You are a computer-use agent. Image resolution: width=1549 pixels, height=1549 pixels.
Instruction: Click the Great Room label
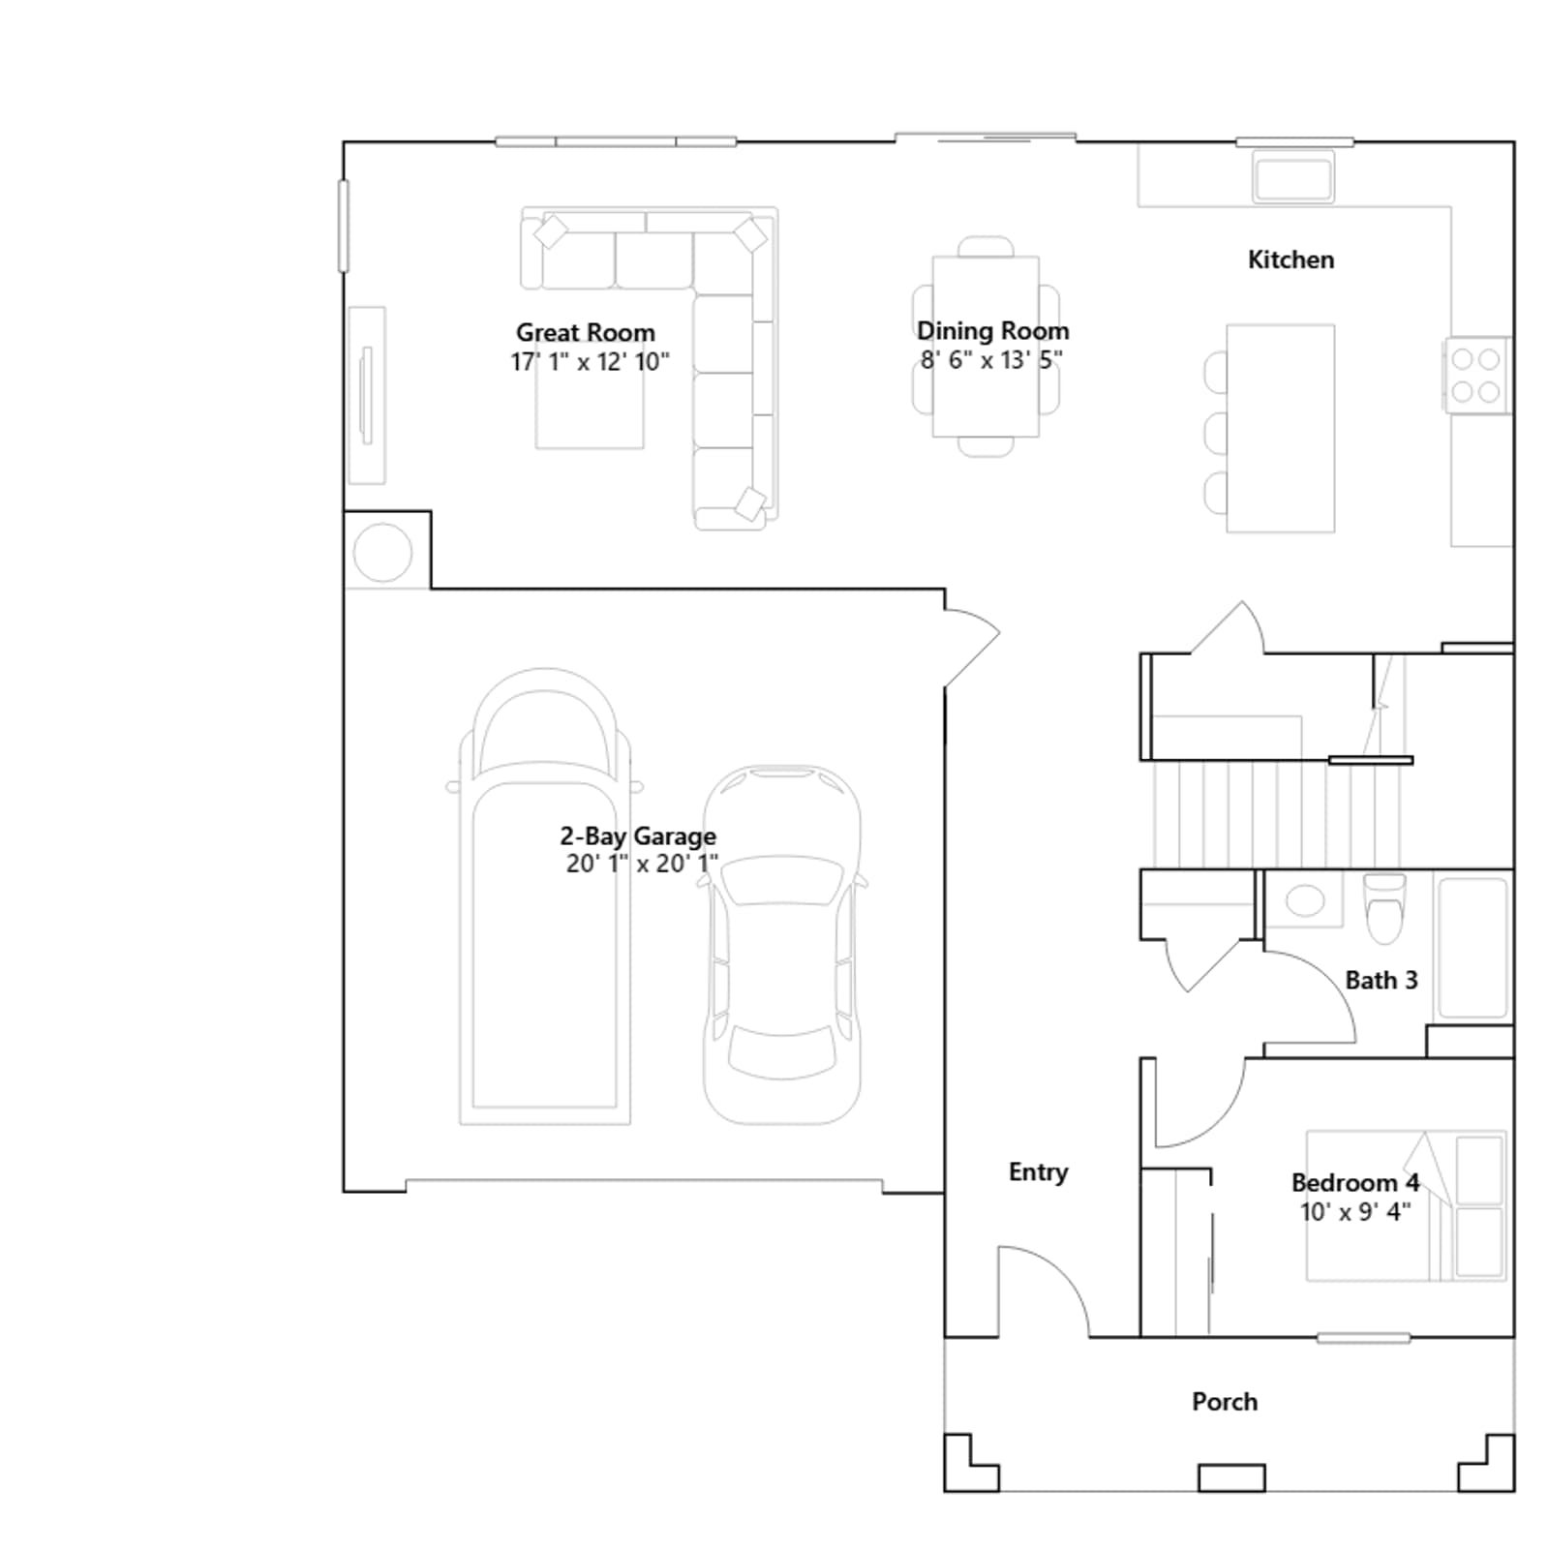[x=585, y=333]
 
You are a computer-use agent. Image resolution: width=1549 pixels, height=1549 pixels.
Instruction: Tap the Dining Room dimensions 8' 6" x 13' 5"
[x=991, y=360]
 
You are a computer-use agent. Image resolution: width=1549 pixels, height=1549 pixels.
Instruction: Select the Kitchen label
[x=1291, y=259]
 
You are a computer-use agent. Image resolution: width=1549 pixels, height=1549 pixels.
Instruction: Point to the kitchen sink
[x=1293, y=176]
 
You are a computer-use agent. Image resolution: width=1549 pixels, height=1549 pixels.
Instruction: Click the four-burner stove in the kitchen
[x=1476, y=375]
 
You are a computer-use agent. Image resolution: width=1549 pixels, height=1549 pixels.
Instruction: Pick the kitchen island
[x=1280, y=428]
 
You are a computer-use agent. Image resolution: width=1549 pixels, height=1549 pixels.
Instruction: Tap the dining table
[x=986, y=347]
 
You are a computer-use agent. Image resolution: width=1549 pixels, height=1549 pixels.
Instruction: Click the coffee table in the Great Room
[x=590, y=395]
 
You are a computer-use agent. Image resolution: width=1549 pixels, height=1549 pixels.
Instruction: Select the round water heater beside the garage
[x=382, y=553]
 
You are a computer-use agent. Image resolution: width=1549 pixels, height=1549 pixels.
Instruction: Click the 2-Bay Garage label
[x=638, y=835]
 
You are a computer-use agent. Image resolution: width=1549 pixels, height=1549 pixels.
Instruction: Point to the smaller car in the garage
[x=782, y=945]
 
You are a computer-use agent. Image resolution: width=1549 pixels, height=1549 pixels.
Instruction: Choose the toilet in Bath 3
[x=1384, y=909]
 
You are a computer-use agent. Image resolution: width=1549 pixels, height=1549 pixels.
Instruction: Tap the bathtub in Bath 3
[x=1473, y=948]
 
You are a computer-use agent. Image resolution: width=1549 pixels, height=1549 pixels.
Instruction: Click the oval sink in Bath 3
[x=1305, y=900]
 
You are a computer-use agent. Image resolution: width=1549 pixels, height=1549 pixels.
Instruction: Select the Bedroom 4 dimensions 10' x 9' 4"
[x=1355, y=1212]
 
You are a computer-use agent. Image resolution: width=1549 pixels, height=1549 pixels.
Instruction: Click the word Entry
[x=1038, y=1172]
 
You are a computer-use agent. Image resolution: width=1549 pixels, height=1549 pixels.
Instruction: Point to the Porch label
[x=1225, y=1402]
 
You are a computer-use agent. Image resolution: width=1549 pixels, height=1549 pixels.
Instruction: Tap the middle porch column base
[x=1231, y=1477]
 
